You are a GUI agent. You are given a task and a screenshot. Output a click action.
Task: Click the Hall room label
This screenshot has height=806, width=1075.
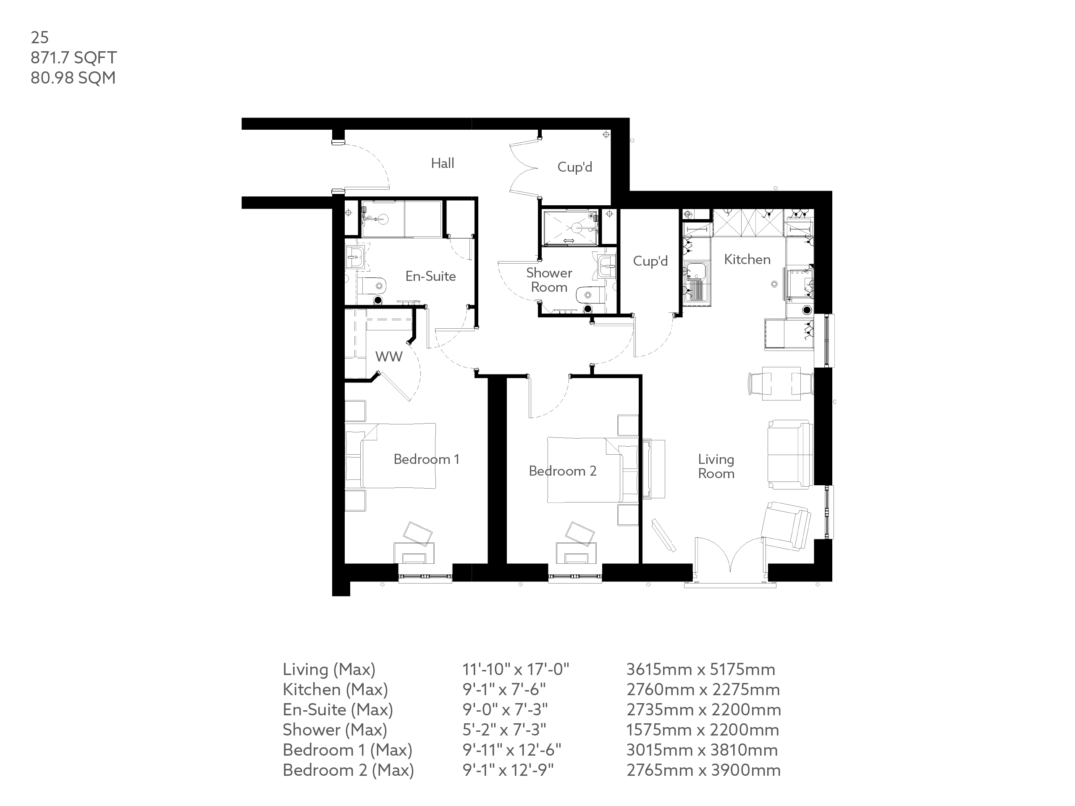coord(442,163)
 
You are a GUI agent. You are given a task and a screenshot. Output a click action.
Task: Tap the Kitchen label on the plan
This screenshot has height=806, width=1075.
coord(747,259)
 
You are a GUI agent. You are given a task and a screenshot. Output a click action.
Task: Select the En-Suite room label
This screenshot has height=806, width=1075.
coord(430,277)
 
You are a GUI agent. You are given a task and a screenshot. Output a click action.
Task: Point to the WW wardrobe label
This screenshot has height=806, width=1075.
coord(388,356)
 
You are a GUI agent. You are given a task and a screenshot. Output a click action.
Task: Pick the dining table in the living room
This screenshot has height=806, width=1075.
coord(781,383)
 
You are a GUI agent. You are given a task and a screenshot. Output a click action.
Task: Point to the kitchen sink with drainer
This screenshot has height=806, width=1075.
coord(696,282)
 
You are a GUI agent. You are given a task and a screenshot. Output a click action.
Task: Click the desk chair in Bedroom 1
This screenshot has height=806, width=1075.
coord(417,534)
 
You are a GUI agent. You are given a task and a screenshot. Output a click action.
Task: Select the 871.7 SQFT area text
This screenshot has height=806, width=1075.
coord(73,58)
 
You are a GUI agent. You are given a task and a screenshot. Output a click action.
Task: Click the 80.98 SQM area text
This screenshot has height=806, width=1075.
coord(73,78)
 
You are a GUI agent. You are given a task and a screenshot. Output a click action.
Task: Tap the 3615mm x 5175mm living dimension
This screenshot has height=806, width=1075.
coord(700,670)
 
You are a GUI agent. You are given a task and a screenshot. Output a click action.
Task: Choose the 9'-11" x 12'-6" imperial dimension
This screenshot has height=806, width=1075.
coord(511,750)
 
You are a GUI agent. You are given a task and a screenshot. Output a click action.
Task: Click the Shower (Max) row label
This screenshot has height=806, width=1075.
coord(335,730)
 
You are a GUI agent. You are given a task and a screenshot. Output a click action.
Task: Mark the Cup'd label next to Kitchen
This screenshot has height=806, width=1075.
coord(650,262)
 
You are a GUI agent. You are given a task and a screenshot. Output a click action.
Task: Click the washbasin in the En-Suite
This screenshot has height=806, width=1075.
coord(356,256)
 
